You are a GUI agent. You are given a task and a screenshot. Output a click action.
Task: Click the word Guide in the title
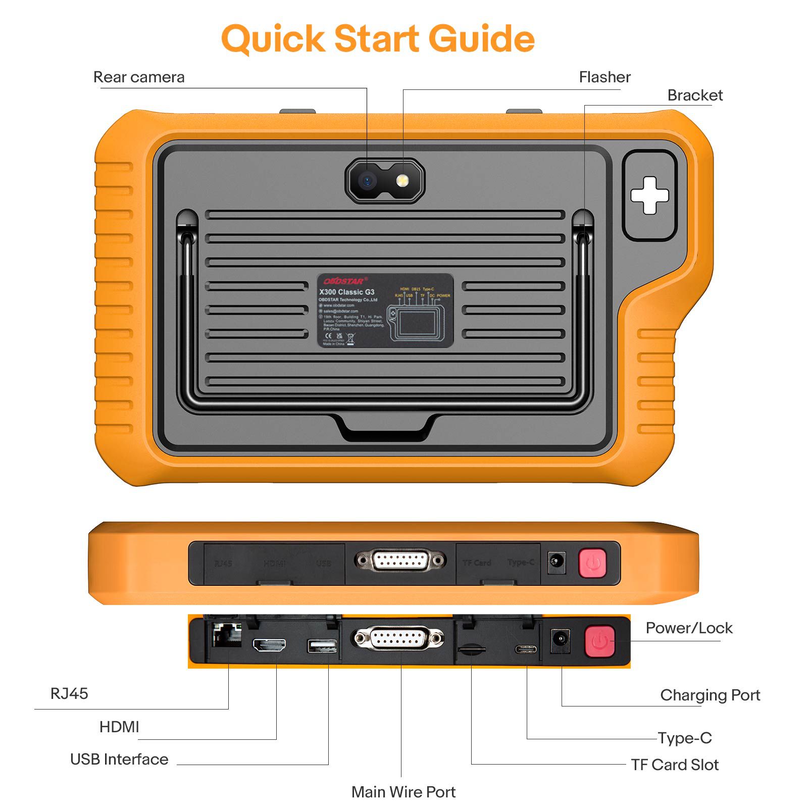(482, 38)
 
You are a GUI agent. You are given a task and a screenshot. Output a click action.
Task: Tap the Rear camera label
(139, 77)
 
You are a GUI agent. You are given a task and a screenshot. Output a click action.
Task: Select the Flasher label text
(604, 77)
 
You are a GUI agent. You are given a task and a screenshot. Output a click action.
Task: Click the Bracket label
(694, 95)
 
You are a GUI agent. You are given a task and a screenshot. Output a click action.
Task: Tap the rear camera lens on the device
(367, 180)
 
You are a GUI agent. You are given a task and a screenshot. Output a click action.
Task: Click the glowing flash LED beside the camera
(402, 180)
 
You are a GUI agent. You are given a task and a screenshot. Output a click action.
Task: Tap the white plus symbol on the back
(649, 195)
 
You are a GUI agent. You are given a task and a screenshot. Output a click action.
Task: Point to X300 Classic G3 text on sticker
(346, 292)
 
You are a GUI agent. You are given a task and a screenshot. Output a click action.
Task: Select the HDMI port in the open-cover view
(269, 645)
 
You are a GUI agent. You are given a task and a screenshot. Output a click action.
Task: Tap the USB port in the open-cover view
(322, 646)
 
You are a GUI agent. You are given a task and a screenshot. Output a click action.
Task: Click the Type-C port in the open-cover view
(526, 649)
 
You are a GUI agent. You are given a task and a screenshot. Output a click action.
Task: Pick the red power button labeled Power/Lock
(599, 641)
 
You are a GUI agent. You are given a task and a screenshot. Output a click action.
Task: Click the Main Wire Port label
(403, 792)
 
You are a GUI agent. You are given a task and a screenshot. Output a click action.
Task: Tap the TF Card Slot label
(674, 765)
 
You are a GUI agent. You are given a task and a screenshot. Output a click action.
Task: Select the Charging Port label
(710, 695)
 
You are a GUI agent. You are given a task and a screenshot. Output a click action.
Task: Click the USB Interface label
(119, 759)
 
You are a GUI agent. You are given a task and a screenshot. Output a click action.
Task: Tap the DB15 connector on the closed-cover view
(400, 561)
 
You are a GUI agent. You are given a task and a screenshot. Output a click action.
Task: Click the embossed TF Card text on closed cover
(477, 563)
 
